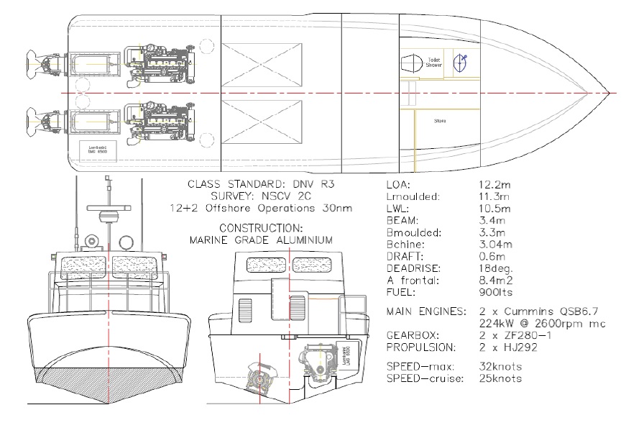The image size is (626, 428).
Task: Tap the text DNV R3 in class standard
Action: tap(313, 184)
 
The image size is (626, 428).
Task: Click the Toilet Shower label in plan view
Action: tap(433, 64)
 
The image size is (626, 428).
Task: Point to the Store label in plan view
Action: tap(440, 121)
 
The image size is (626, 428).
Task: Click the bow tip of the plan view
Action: tap(609, 93)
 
